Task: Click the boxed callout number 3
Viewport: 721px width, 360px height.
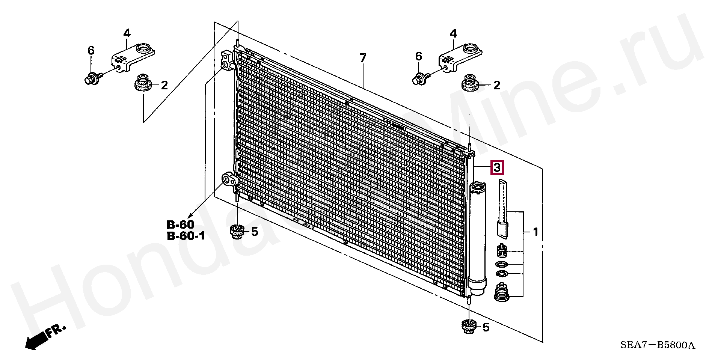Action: [497, 168]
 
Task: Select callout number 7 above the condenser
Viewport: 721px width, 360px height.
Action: [363, 58]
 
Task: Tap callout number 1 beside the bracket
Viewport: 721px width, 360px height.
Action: [535, 232]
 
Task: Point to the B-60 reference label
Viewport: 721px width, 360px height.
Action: [181, 225]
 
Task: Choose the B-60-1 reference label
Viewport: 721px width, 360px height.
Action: [186, 236]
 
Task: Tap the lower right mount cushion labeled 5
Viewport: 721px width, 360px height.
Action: [468, 326]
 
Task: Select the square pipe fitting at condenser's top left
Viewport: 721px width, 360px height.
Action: [228, 60]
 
